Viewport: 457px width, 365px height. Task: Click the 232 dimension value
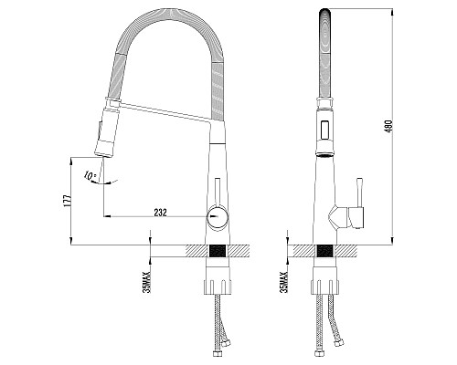click(x=161, y=213)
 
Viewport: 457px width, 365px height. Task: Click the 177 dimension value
click(x=68, y=201)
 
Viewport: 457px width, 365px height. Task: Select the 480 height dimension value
click(x=389, y=126)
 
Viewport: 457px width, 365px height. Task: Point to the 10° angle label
click(x=90, y=176)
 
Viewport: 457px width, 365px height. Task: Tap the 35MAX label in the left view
click(x=147, y=282)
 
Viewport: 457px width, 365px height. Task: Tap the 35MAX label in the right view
click(x=284, y=282)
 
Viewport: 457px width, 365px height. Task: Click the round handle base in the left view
click(x=218, y=216)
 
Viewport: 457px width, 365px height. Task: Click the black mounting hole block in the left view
click(x=218, y=251)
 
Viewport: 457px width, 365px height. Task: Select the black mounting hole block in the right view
click(x=325, y=251)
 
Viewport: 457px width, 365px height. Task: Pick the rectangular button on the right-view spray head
click(x=325, y=129)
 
